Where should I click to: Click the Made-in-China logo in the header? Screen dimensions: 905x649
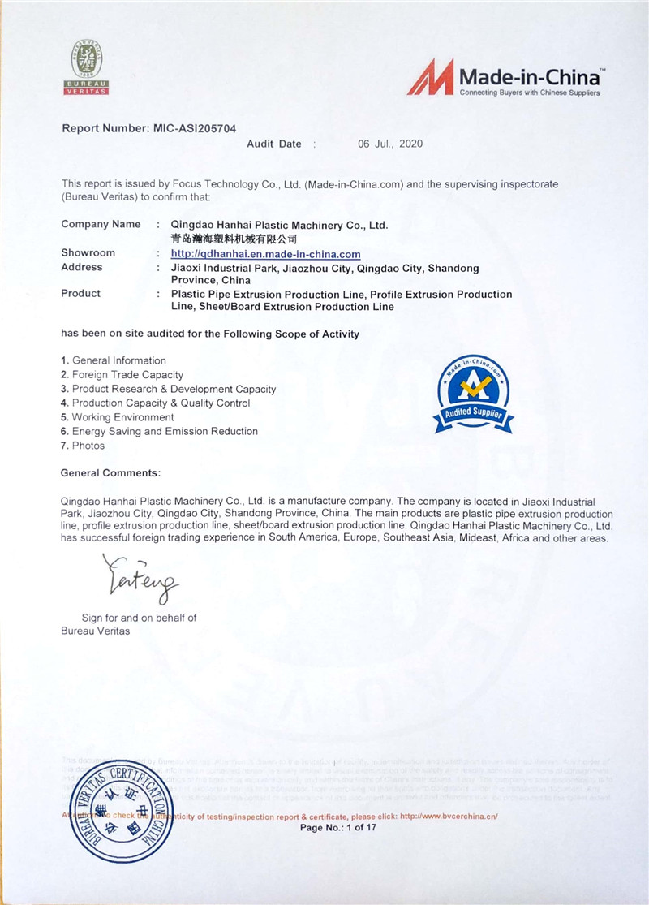[504, 79]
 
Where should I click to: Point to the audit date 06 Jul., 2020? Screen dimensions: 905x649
[390, 144]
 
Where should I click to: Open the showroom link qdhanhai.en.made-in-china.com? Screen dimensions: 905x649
[266, 254]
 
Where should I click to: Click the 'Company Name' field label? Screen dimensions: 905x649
[101, 224]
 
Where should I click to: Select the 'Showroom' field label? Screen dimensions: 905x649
[88, 253]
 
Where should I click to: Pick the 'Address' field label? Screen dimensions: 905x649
[82, 267]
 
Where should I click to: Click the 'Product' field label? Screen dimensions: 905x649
[81, 293]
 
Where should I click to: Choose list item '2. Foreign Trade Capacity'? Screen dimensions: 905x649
[122, 375]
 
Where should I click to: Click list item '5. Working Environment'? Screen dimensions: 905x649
[117, 417]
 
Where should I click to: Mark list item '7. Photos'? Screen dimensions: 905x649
[83, 446]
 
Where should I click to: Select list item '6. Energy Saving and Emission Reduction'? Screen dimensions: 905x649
[159, 431]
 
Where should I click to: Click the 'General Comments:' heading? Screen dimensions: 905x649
[110, 472]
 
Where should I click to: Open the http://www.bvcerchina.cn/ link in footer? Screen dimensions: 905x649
[459, 816]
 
